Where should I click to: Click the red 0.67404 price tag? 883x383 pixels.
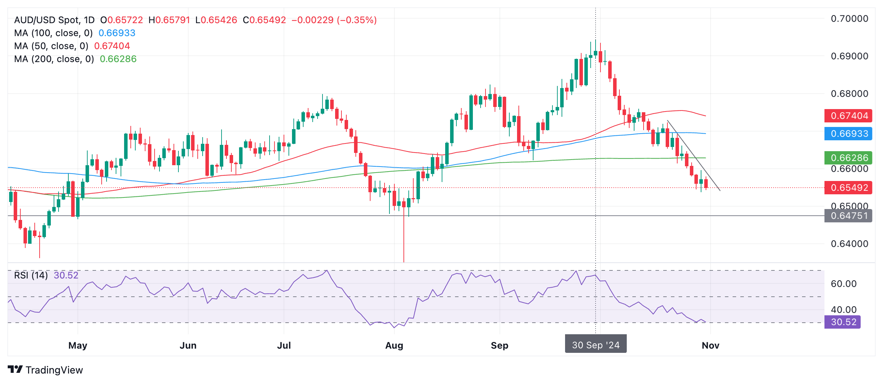click(849, 116)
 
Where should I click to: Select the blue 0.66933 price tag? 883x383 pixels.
click(849, 134)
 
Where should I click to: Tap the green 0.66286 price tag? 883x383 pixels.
click(849, 158)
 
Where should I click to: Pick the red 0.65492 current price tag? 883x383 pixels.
click(849, 188)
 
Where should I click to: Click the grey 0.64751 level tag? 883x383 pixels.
click(849, 216)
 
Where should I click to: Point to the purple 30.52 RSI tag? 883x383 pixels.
click(843, 322)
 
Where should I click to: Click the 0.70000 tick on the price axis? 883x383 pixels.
click(849, 19)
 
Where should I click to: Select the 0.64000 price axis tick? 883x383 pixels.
click(849, 244)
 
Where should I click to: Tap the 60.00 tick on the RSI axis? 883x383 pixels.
click(843, 284)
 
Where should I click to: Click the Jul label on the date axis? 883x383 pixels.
click(284, 345)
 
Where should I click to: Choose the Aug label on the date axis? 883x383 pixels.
click(394, 345)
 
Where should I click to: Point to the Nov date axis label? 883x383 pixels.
click(711, 345)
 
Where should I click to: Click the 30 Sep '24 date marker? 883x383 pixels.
click(596, 345)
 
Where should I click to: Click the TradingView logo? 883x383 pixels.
click(45, 370)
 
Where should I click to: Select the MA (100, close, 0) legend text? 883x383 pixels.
click(53, 33)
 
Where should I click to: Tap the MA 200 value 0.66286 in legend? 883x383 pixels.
click(118, 59)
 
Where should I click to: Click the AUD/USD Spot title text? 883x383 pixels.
click(54, 20)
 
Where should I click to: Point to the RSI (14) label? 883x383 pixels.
click(31, 275)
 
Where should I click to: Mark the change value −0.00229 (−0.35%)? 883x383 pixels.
click(334, 20)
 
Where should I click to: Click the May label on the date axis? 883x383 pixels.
click(78, 345)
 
